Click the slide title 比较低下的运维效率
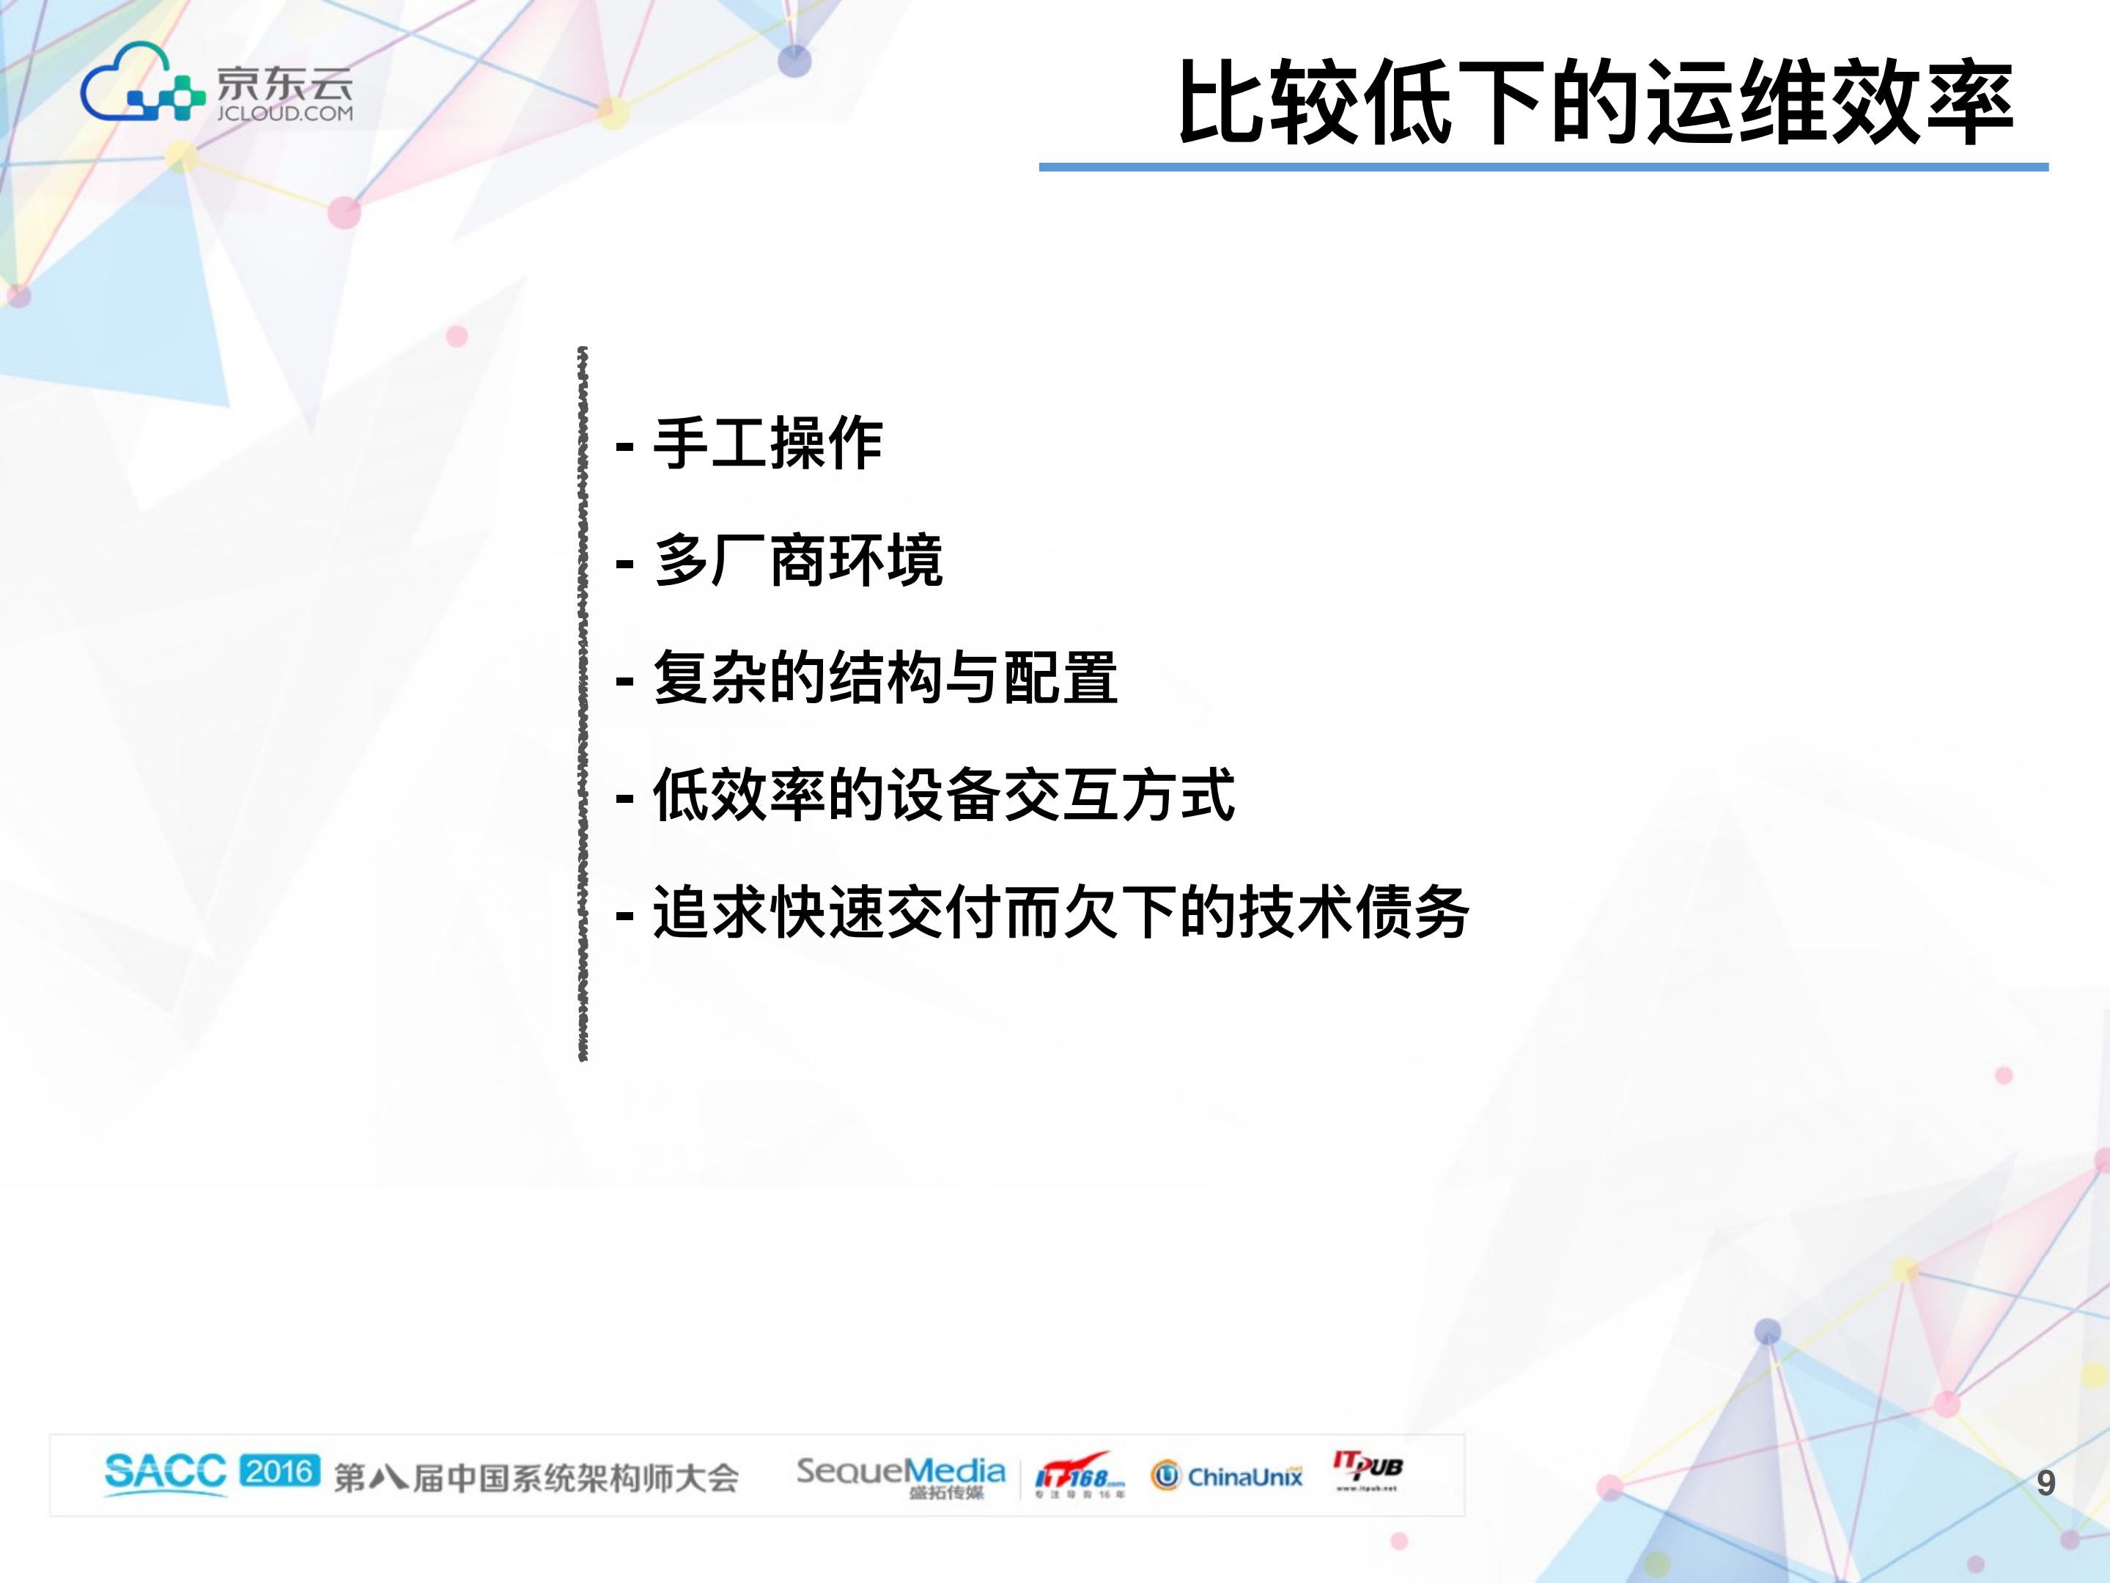(x=1594, y=101)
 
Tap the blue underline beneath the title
(x=1543, y=167)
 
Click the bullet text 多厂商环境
(x=797, y=561)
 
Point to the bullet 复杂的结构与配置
(x=885, y=678)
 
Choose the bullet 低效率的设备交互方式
(x=943, y=795)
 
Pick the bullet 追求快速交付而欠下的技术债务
(x=1060, y=912)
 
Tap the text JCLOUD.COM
(x=284, y=114)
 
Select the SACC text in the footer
(x=165, y=1472)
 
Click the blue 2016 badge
(x=279, y=1470)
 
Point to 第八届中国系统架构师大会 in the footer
(x=536, y=1478)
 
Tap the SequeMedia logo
(x=901, y=1475)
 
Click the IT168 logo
(x=1079, y=1476)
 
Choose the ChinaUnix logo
(x=1227, y=1476)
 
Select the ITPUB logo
(x=1368, y=1469)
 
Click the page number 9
(x=2045, y=1483)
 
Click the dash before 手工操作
(x=625, y=446)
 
